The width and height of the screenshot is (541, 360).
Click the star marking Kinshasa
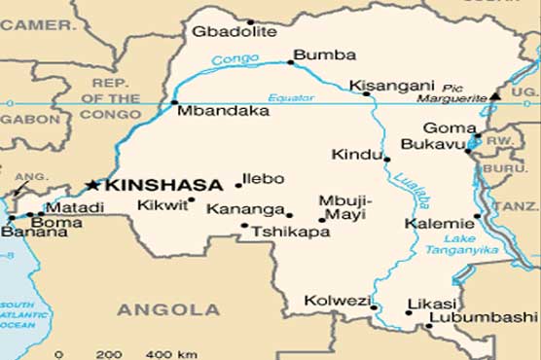coord(93,184)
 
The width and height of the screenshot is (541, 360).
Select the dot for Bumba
coord(290,62)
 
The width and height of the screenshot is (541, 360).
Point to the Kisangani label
coord(382,85)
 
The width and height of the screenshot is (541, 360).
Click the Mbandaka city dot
coord(174,102)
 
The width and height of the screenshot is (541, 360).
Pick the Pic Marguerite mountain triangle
coord(494,96)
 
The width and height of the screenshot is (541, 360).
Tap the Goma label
coord(445,127)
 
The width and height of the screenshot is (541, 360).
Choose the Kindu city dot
coord(387,159)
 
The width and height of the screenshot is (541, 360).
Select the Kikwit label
coord(159,206)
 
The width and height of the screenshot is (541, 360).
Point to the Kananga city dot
coord(289,215)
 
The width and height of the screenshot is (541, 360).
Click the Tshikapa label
coord(283,233)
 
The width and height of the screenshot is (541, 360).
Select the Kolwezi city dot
coord(374,307)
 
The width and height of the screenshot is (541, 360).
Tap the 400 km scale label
coord(160,352)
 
